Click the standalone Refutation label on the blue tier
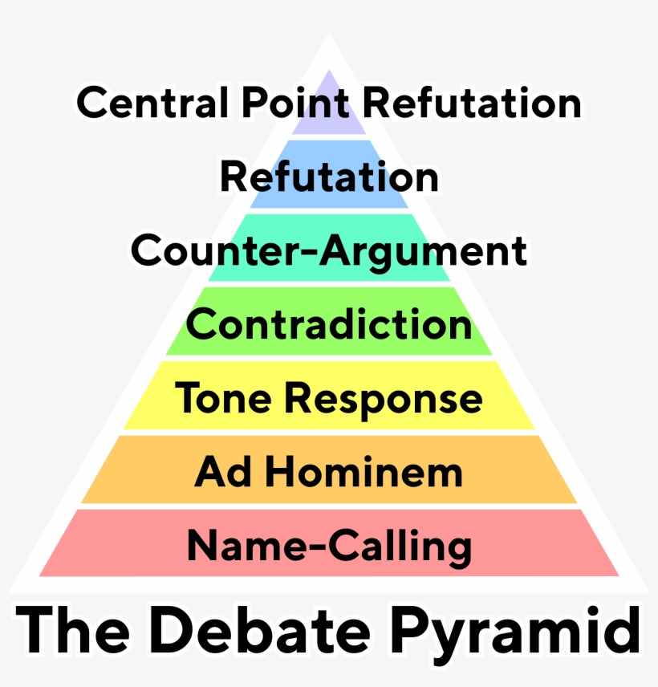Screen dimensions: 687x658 coord(329,177)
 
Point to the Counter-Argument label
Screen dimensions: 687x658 coord(329,250)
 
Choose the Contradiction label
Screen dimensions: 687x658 coord(329,325)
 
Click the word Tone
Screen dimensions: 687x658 coord(221,398)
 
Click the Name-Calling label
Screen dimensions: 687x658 coord(329,547)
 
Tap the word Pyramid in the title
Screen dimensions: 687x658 coord(514,634)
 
